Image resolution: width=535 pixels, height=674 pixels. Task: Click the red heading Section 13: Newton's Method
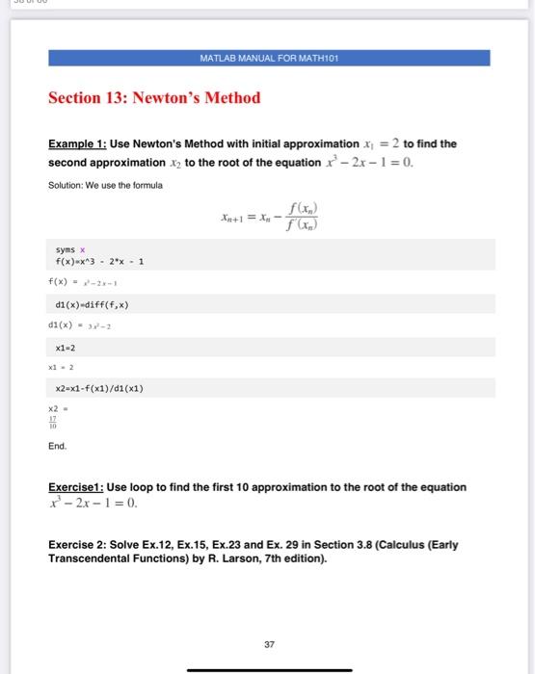(154, 97)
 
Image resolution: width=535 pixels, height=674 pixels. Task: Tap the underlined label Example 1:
(78, 143)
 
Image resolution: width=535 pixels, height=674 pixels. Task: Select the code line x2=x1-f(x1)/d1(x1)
(106, 388)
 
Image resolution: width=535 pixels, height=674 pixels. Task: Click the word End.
(57, 446)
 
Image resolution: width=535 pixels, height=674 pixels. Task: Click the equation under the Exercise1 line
(94, 502)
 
